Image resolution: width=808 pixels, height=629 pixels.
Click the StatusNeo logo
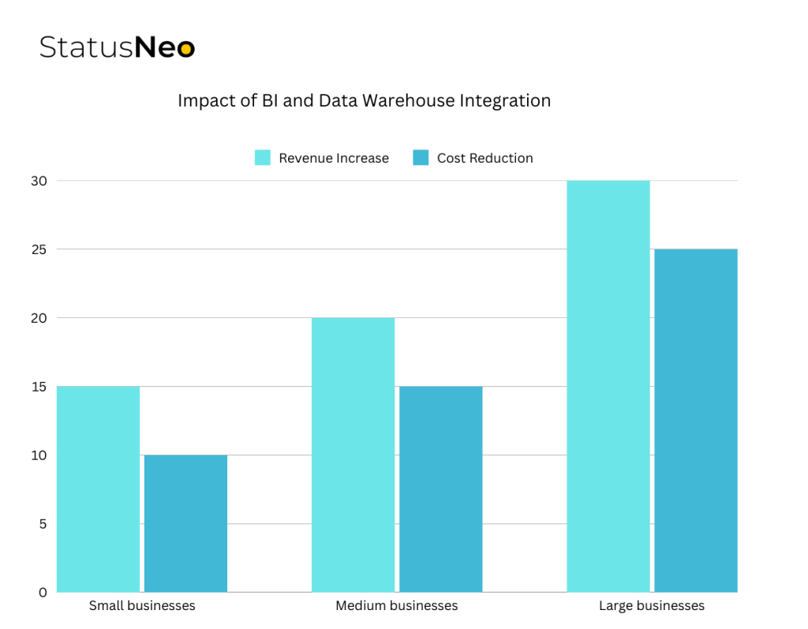coord(117,47)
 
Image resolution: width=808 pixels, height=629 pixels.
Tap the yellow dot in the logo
coord(185,49)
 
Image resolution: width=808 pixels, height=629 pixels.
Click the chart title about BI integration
coord(364,101)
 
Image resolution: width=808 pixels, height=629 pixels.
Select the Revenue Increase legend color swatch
coord(263,158)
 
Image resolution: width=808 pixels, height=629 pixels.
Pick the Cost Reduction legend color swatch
coord(421,158)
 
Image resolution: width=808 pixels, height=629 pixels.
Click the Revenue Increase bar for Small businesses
coord(99,489)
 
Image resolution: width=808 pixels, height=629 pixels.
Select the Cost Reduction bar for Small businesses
coord(185,523)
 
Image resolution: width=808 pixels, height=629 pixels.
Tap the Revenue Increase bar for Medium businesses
coord(353,455)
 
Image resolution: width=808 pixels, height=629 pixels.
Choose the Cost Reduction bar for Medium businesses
coord(440,489)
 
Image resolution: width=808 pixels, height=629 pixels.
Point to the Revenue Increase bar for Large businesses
coord(608,387)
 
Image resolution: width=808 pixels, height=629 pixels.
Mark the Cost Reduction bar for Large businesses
coord(696,421)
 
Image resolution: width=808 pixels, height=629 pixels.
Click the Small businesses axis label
coord(142,606)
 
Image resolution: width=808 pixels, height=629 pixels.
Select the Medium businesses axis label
coord(397,606)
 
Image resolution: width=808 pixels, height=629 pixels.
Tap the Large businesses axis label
coord(652,606)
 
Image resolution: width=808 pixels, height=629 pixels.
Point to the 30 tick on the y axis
coord(39,181)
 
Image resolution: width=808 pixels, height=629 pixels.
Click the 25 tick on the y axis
coord(39,249)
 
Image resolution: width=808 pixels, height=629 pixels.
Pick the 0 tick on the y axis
coord(42,592)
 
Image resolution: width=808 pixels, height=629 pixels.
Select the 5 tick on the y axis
coord(42,524)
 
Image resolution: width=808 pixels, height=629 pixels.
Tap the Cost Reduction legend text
coord(485,158)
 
